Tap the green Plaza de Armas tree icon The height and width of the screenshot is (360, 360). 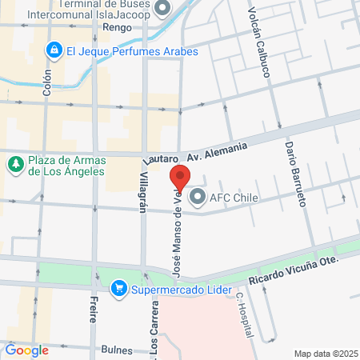click(x=15, y=164)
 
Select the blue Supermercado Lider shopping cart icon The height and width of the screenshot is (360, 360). click(x=119, y=287)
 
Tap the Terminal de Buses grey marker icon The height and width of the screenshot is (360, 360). click(x=162, y=9)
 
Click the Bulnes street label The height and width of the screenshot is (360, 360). click(x=117, y=350)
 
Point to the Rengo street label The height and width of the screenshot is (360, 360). click(x=117, y=26)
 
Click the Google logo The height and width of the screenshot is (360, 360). click(x=26, y=350)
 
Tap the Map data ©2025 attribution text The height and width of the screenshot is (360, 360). click(x=326, y=354)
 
